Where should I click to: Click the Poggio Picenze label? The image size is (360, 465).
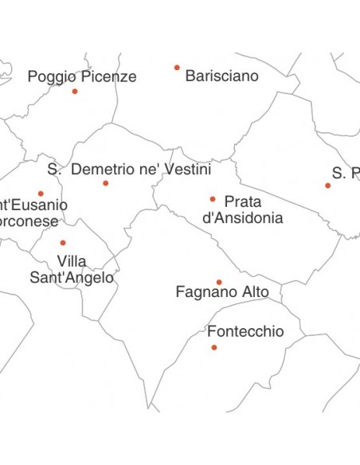[82, 76]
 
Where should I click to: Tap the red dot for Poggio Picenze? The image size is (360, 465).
[75, 92]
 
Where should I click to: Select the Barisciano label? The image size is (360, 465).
[221, 76]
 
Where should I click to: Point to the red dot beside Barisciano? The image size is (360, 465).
[177, 68]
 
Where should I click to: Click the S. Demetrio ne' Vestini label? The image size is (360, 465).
[129, 170]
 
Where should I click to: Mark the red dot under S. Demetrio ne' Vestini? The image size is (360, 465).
[105, 183]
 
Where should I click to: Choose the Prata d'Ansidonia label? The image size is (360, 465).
[243, 209]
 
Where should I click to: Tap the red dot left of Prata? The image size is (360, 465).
[213, 199]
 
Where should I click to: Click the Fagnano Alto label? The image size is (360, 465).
[222, 293]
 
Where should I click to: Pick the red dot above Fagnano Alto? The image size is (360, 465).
[219, 282]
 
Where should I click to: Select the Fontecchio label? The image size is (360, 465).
[245, 331]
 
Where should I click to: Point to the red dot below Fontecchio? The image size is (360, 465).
[213, 347]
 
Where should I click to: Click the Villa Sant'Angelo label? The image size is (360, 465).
[72, 269]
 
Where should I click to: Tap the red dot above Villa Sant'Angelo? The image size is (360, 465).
[63, 243]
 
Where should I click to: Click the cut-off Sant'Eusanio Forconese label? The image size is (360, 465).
[32, 213]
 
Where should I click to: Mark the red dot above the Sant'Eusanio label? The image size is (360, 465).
[41, 193]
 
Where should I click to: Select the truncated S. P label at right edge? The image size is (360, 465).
[346, 174]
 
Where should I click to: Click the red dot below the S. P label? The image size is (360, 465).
[327, 186]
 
